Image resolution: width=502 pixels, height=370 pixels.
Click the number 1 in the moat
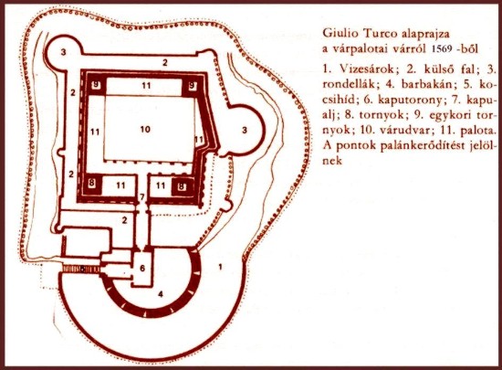click(220, 267)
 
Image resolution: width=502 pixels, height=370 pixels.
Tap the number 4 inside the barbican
click(161, 294)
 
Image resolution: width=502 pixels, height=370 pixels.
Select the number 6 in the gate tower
click(142, 268)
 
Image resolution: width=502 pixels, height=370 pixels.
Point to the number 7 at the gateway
click(142, 196)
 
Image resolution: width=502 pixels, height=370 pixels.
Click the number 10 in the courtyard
click(145, 129)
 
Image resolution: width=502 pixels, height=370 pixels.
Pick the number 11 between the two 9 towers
click(146, 85)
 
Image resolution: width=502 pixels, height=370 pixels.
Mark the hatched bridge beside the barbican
click(81, 270)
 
